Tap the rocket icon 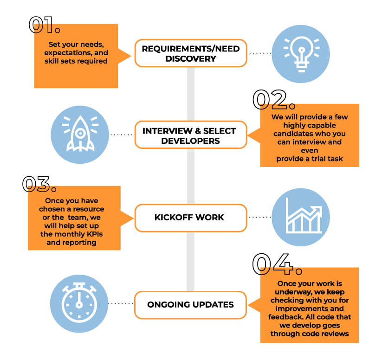pyautogui.click(x=81, y=133)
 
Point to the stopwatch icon pyautogui.click(x=79, y=302)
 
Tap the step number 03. pyautogui.click(x=39, y=184)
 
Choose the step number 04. pyautogui.click(x=277, y=264)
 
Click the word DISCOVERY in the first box pyautogui.click(x=190, y=59)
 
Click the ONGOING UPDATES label pyautogui.click(x=190, y=305)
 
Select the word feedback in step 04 pyautogui.click(x=284, y=317)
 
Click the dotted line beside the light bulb pyautogui.click(x=260, y=53)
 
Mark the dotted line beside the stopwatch pyautogui.click(x=121, y=304)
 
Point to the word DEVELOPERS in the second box pyautogui.click(x=190, y=140)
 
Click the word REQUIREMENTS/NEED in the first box pyautogui.click(x=190, y=49)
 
